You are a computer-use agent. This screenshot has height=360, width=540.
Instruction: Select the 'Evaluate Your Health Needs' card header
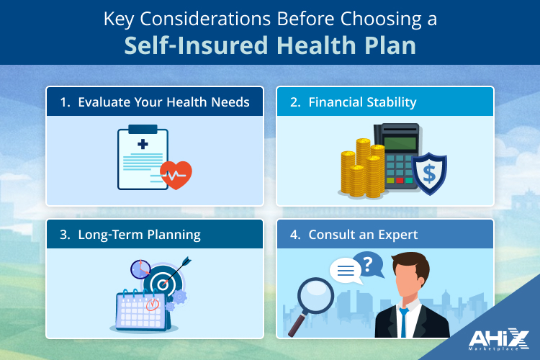155,102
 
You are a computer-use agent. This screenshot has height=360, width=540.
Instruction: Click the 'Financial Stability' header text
362,102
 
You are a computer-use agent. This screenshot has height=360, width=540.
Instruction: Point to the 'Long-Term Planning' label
130,235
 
